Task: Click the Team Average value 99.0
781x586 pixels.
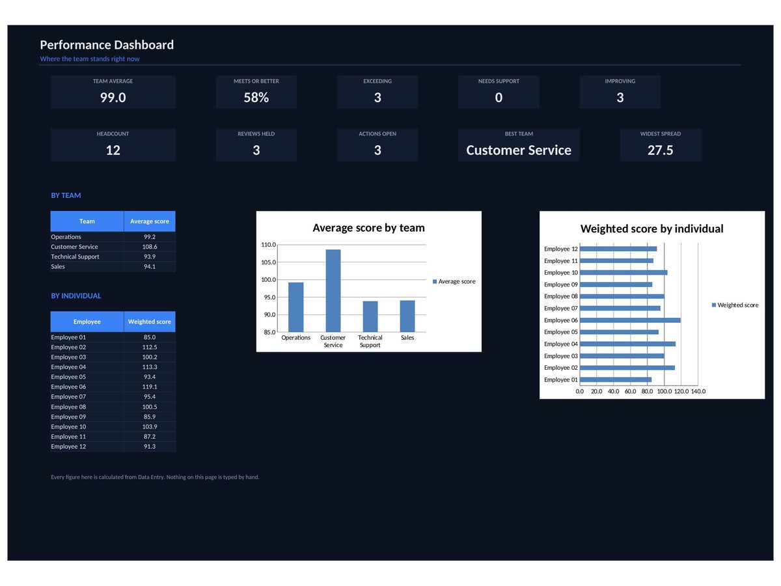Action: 113,98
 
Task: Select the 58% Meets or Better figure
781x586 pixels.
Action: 256,98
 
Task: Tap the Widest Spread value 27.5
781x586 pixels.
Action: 660,150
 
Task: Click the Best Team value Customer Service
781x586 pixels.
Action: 519,150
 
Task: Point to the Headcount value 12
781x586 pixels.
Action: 113,150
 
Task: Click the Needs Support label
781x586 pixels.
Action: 499,81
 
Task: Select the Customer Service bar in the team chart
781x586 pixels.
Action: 333,290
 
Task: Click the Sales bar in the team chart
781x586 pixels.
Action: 407,316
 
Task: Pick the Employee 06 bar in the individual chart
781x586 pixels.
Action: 630,320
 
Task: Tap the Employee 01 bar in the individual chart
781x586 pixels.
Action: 616,380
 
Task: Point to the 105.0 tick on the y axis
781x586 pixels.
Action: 268,262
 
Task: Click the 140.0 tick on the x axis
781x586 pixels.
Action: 698,391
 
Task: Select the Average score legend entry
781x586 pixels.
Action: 454,281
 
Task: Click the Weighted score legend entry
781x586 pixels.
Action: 735,305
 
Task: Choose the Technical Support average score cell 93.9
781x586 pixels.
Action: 150,257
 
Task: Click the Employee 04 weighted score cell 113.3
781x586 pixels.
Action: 150,367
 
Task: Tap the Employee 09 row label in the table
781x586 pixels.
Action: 68,417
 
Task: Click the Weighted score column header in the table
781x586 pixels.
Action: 150,322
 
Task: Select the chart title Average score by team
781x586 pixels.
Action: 368,228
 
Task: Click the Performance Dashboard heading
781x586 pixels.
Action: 107,45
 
